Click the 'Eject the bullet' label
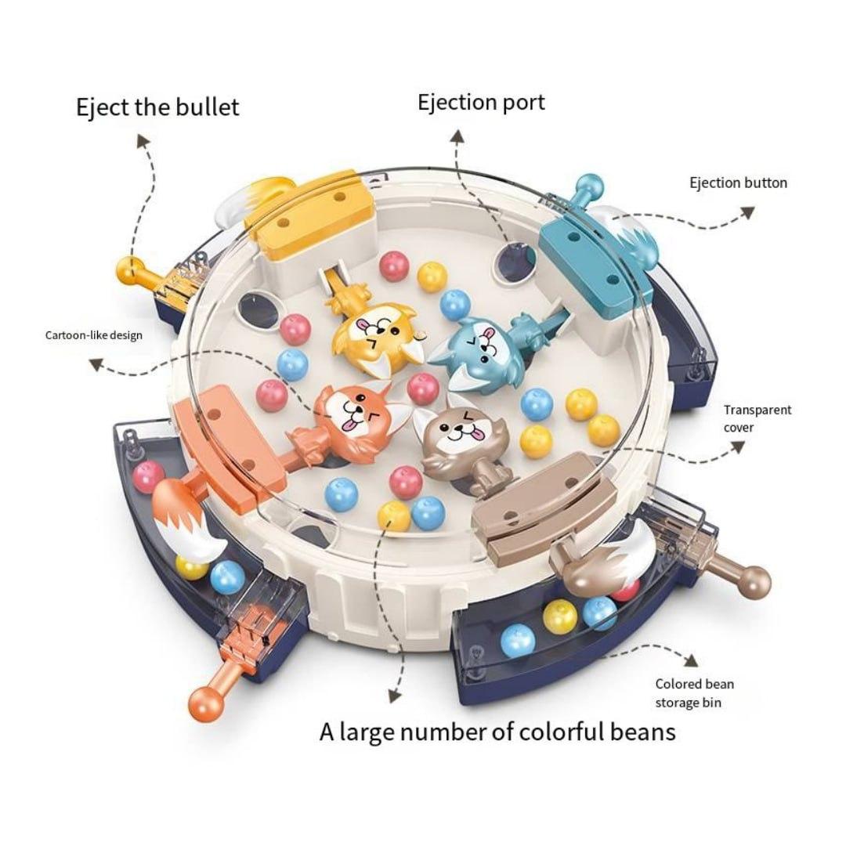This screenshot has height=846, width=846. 157,107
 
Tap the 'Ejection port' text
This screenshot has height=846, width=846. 481,103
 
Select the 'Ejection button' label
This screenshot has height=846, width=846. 738,183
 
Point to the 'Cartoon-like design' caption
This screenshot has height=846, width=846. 94,335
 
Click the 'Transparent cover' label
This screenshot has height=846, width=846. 757,418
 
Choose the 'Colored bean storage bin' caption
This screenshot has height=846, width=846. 694,693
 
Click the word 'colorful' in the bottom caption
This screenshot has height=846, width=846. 552,732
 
